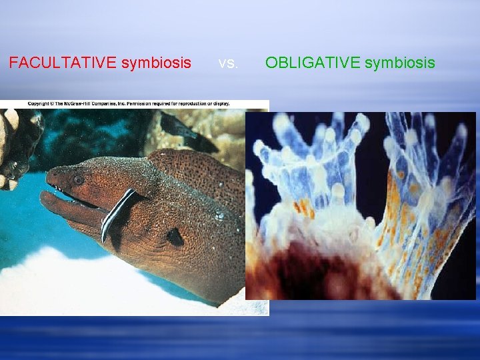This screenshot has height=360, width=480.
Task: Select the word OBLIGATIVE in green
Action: click(x=309, y=63)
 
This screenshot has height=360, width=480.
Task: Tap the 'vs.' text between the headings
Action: click(x=228, y=63)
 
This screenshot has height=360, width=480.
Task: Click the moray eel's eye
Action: click(x=79, y=179)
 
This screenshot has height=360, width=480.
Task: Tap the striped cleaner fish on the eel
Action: click(x=119, y=213)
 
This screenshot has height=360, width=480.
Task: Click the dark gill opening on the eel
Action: click(x=175, y=237)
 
